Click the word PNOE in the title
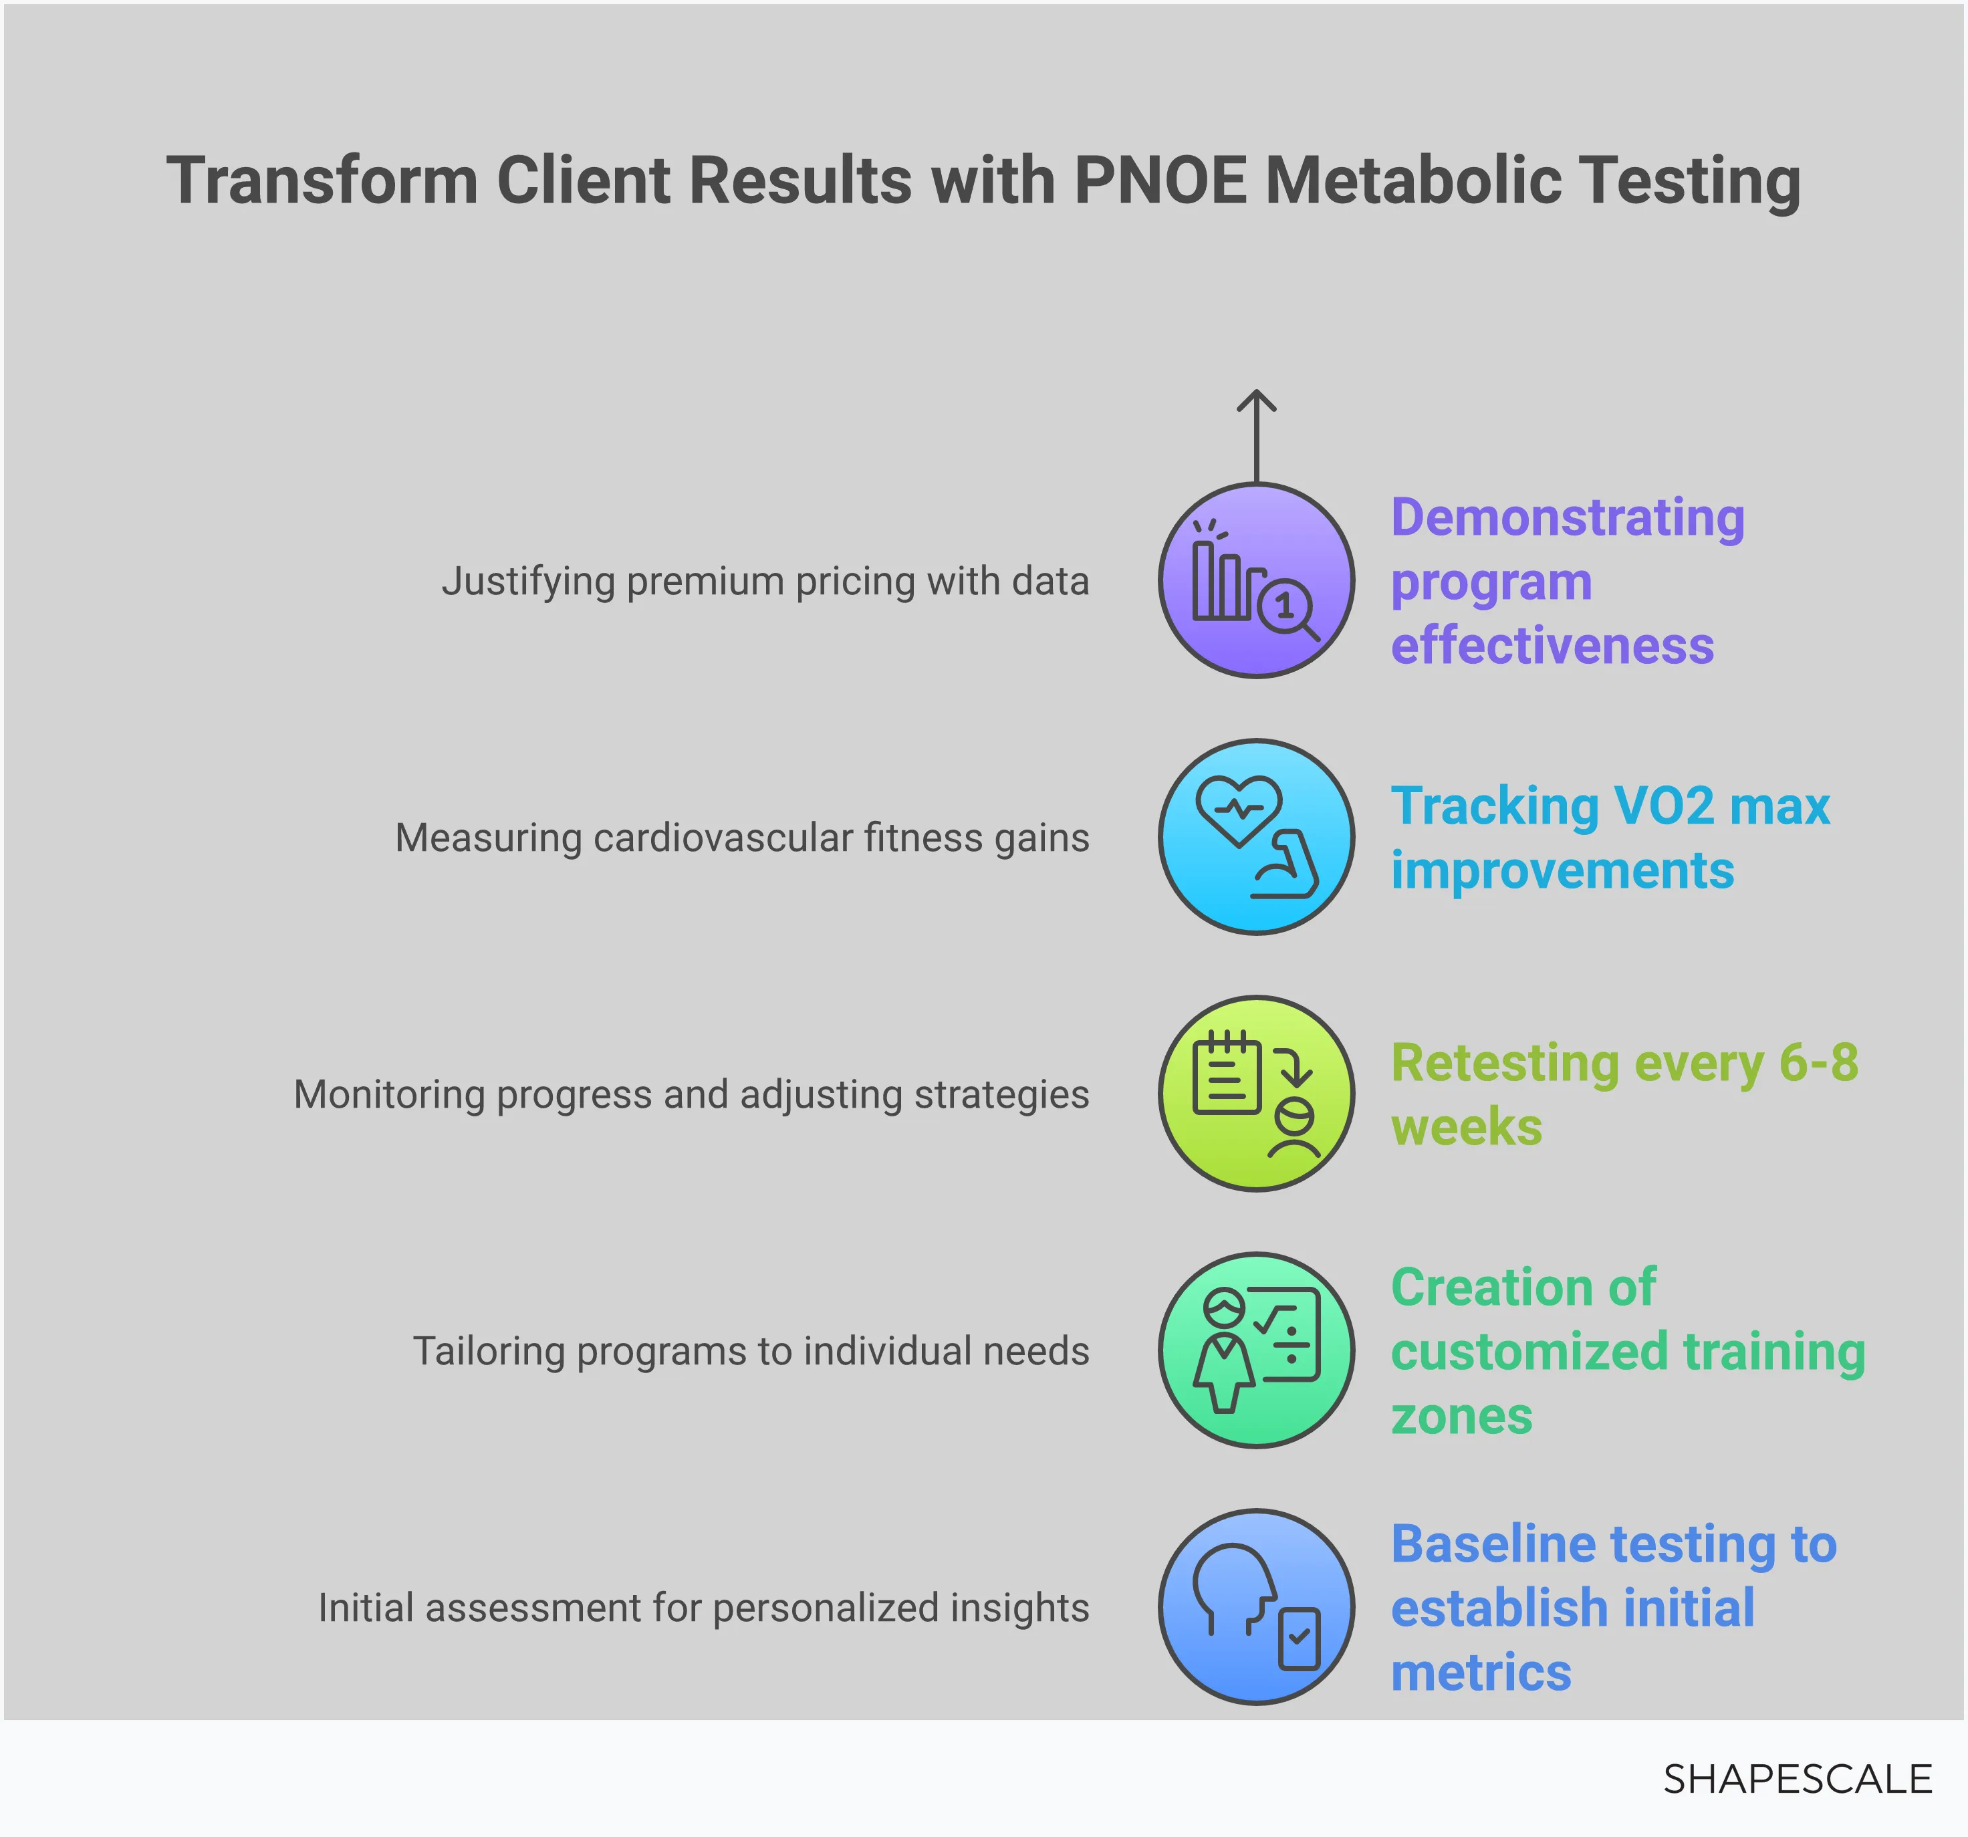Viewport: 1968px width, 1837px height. [x=1160, y=181]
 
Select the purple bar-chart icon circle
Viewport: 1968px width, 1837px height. [x=1256, y=581]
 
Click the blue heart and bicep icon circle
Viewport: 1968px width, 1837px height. [x=1256, y=838]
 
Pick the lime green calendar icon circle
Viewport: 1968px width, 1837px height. [x=1256, y=1094]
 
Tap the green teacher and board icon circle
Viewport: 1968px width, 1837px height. [x=1256, y=1350]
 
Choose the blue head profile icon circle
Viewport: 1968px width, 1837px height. [x=1256, y=1606]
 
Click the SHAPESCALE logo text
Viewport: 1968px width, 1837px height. [x=1797, y=1780]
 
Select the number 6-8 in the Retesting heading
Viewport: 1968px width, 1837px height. [x=1818, y=1063]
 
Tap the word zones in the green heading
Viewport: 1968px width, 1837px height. [x=1461, y=1415]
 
